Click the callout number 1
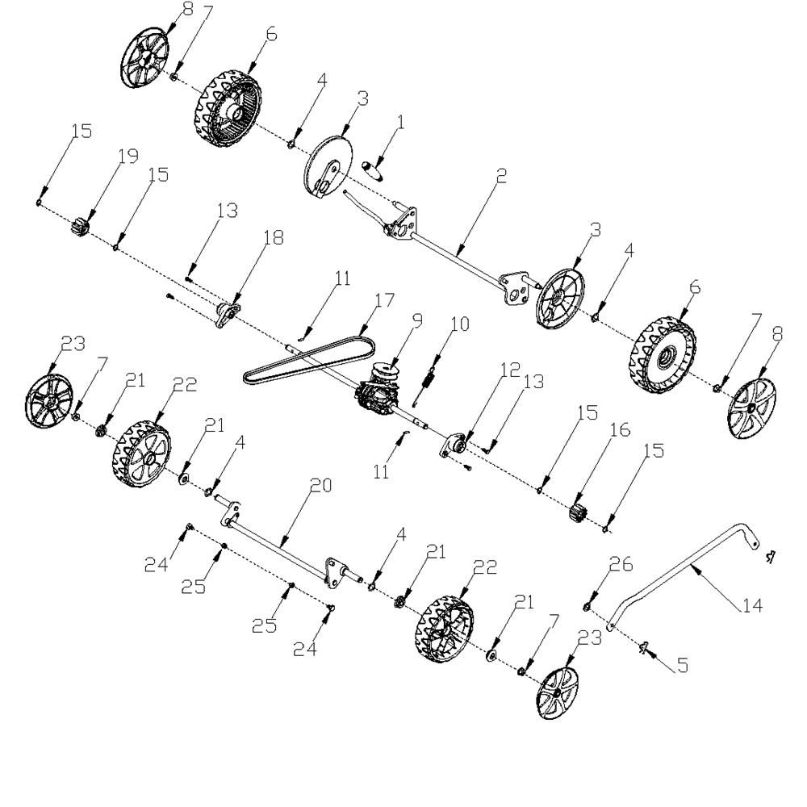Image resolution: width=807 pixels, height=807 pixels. click(x=401, y=122)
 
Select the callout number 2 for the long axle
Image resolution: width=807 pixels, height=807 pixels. click(x=501, y=175)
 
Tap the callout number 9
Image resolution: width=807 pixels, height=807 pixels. click(x=417, y=320)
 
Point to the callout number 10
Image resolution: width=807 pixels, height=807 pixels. click(x=460, y=324)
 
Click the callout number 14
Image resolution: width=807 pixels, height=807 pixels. click(x=752, y=605)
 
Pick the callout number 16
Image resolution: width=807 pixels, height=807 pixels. click(x=620, y=430)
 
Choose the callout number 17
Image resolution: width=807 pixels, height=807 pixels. click(x=384, y=299)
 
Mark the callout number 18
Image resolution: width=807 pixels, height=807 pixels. click(x=274, y=238)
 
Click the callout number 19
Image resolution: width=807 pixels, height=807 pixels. click(x=128, y=155)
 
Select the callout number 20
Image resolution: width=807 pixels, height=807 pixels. click(x=320, y=485)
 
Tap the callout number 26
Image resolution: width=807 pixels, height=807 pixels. click(x=621, y=565)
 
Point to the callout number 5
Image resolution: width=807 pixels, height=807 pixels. click(x=683, y=665)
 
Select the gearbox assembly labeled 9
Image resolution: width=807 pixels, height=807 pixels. click(x=378, y=389)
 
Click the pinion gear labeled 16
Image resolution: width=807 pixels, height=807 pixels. click(x=579, y=512)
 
